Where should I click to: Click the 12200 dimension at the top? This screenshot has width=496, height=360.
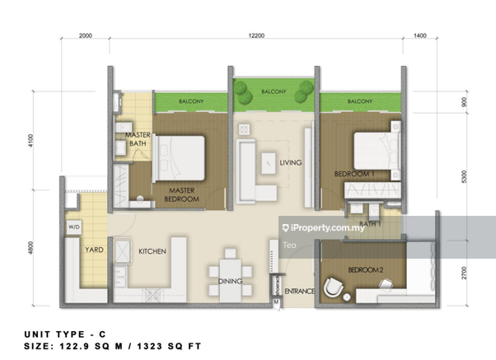(x=256, y=35)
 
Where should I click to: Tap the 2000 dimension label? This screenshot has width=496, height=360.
(x=86, y=35)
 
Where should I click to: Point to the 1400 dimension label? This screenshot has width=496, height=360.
(x=420, y=35)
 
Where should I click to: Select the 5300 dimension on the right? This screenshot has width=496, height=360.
(x=464, y=176)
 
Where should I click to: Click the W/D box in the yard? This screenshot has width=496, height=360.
(x=74, y=227)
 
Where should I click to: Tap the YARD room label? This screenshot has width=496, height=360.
(x=94, y=250)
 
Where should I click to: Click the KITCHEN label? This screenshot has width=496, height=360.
(x=152, y=251)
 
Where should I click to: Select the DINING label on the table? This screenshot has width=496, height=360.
(x=231, y=281)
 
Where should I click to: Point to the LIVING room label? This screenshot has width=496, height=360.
(x=290, y=162)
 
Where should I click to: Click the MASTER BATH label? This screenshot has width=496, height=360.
(x=138, y=139)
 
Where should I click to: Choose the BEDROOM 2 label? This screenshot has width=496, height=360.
(x=366, y=270)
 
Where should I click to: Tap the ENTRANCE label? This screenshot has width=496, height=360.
(x=300, y=291)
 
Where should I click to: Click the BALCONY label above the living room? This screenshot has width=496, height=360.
(x=274, y=91)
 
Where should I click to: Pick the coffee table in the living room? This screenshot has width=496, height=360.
(x=269, y=163)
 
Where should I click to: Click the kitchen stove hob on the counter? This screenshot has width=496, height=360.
(x=152, y=295)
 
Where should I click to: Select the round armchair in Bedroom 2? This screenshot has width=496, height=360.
(x=333, y=288)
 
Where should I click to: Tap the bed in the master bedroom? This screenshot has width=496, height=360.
(x=179, y=158)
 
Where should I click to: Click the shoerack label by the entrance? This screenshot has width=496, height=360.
(x=277, y=287)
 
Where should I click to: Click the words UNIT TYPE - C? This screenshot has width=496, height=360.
(x=65, y=334)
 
